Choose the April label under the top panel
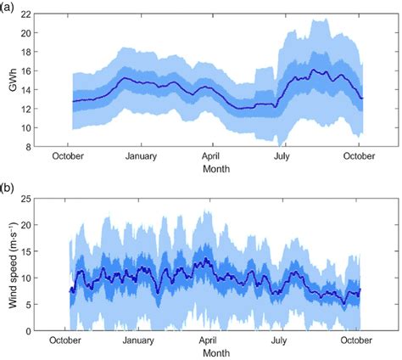pyautogui.click(x=212, y=157)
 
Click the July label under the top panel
pyautogui.click(x=280, y=157)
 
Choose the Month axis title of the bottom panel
pyautogui.click(x=215, y=352)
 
